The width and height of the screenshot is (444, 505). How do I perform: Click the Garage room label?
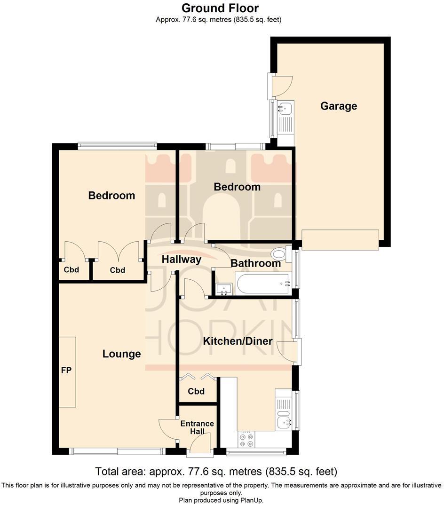click(339, 106)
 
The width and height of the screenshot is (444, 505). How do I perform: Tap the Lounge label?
click(122, 354)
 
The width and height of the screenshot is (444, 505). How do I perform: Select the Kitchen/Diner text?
click(238, 341)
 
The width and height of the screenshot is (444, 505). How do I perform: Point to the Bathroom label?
click(255, 263)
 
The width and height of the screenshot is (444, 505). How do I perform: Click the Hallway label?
click(182, 259)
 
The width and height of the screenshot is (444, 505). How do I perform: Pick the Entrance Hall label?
click(197, 427)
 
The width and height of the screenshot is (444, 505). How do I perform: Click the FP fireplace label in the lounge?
click(66, 371)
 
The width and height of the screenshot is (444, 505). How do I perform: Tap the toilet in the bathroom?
click(281, 254)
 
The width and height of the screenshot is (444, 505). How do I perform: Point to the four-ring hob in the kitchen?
click(246, 440)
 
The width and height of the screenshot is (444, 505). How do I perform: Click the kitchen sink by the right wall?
click(284, 422)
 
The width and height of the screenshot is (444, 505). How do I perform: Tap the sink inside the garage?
click(285, 110)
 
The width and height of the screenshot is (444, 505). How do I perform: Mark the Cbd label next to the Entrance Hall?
click(196, 391)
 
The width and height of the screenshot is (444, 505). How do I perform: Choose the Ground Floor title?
click(220, 8)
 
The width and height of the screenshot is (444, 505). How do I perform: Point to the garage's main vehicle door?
click(340, 240)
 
